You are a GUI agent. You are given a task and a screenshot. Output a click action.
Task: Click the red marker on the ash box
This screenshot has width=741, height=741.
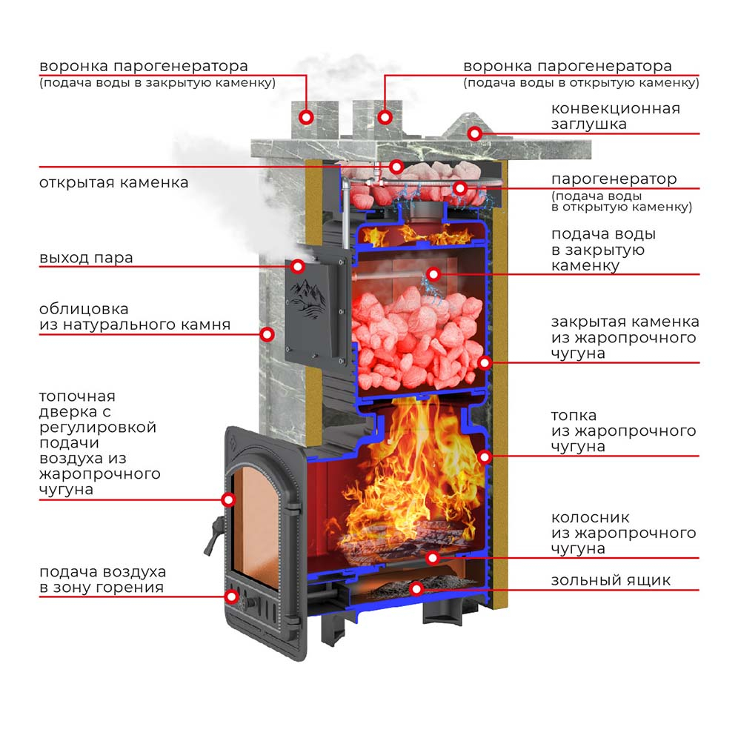tap(416, 588)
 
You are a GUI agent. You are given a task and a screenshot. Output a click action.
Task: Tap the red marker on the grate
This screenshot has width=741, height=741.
tap(433, 558)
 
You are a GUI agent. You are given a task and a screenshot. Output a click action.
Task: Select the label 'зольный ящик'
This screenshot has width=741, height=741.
tap(611, 580)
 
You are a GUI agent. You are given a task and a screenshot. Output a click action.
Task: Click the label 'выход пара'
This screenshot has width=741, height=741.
tap(86, 258)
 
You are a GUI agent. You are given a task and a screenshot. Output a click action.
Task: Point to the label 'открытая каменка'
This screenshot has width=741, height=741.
tap(114, 182)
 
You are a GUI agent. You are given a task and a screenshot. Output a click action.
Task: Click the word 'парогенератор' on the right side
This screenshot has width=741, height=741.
tap(614, 179)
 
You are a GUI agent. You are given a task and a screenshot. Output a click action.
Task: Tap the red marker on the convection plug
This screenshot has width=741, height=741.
tap(475, 133)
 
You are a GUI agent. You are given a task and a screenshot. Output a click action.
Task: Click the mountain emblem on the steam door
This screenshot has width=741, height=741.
tap(308, 299)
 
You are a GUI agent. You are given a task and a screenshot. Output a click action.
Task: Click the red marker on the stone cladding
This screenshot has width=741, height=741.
tap(267, 335)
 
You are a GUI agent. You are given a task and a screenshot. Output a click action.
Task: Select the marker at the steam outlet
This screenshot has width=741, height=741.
tap(297, 267)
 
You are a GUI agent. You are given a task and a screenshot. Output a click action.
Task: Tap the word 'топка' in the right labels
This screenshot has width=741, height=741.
tap(574, 416)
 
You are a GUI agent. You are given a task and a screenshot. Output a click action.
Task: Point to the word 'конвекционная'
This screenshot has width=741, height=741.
tap(615, 109)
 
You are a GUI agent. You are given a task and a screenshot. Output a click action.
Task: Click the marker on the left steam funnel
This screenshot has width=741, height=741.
tap(307, 117)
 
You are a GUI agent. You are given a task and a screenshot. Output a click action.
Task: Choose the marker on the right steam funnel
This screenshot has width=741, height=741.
tap(385, 117)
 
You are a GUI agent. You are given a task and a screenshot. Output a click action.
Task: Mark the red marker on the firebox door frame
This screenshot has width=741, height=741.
tap(228, 499)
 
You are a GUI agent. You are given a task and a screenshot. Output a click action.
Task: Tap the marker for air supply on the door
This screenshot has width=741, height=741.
tap(231, 597)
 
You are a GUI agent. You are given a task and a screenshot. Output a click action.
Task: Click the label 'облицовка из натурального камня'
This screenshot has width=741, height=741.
tap(135, 316)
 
